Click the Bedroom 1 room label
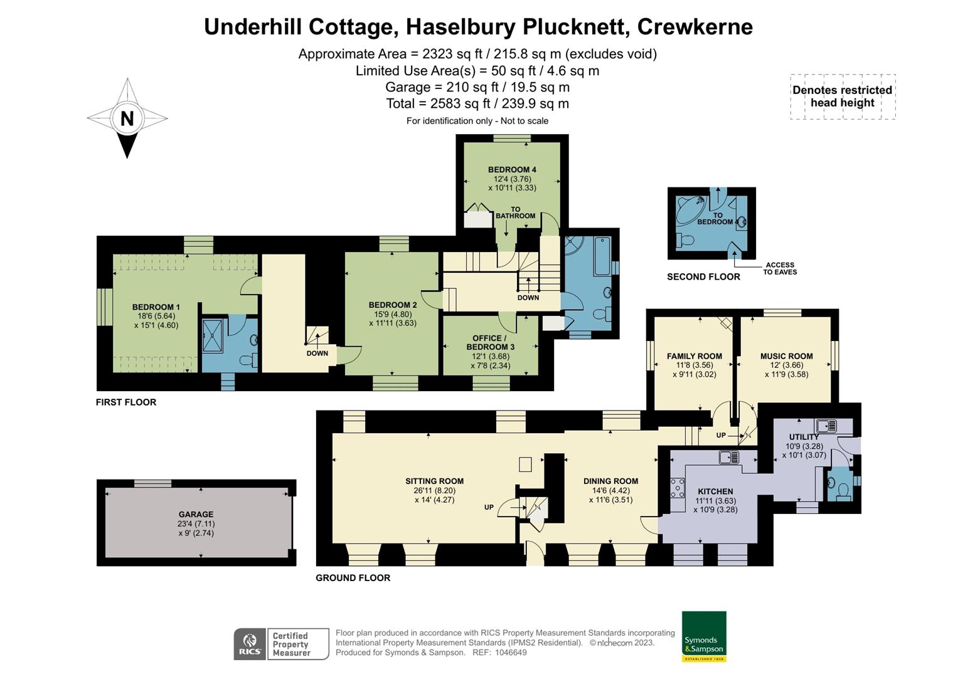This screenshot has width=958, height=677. click(156, 307)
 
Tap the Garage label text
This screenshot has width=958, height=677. click(196, 514)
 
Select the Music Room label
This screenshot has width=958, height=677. click(786, 356)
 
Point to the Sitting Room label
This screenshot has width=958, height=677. click(434, 481)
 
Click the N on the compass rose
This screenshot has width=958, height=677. click(127, 118)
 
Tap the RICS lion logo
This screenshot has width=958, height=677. click(249, 644)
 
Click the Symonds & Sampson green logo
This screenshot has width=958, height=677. click(704, 636)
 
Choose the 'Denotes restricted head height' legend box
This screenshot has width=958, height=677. click(842, 97)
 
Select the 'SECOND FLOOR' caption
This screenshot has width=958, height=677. click(703, 276)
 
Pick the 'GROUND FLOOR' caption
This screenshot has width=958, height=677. click(353, 578)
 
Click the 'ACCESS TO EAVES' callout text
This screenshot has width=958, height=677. click(780, 268)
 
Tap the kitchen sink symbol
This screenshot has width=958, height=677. click(729, 457)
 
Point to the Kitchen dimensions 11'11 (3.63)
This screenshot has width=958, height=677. click(715, 501)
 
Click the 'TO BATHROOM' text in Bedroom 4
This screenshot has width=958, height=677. click(515, 213)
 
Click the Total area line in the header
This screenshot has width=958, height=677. click(477, 103)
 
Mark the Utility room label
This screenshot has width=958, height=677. click(804, 437)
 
